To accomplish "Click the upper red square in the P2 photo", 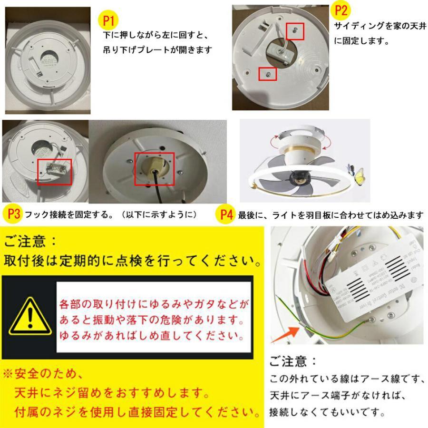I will tap(295, 30).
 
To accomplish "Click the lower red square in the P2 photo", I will tap(268, 74).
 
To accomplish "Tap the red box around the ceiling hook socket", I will tap(154, 169).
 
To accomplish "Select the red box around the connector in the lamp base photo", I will tap(55, 172).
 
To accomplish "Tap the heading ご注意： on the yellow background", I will tap(31, 242).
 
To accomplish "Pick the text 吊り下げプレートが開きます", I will tap(157, 49).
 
